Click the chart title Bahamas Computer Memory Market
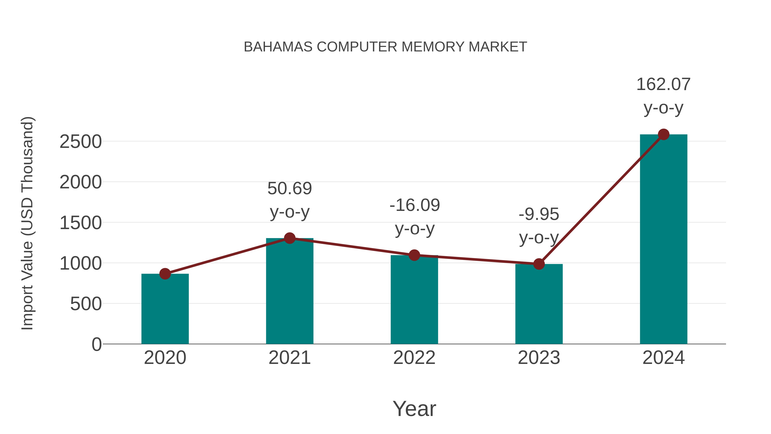point(385,47)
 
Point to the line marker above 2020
point(165,273)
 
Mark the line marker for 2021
point(289,238)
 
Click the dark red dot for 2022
point(414,255)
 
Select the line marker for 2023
point(539,264)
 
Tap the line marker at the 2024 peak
point(663,134)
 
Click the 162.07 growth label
point(663,84)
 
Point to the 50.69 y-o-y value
point(289,189)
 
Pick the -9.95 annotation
point(539,215)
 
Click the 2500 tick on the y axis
point(81,142)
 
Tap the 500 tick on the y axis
point(86,304)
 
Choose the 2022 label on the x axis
point(414,358)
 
